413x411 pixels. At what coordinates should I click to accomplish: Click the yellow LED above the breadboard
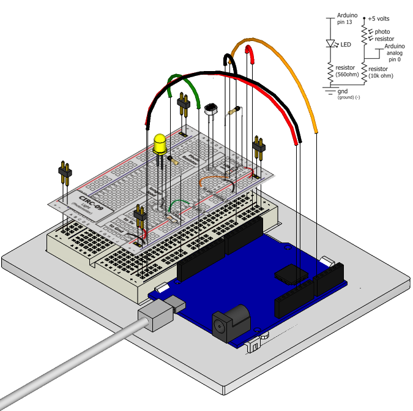coord(160,144)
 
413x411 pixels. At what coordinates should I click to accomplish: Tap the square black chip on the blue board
coord(290,274)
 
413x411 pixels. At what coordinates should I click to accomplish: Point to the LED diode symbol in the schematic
coord(331,44)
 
